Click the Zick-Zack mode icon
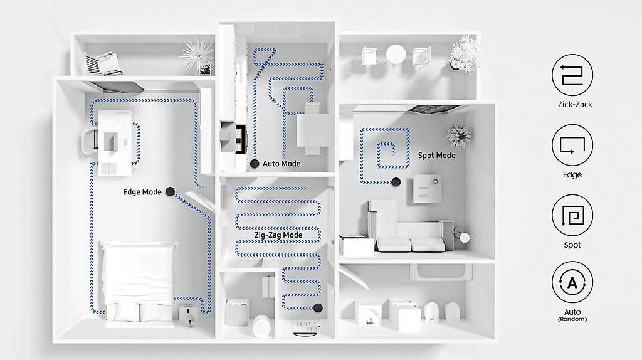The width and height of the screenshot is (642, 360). [x=572, y=75]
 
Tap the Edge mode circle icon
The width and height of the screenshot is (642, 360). [x=572, y=146]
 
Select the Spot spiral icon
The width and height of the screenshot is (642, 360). [x=572, y=215]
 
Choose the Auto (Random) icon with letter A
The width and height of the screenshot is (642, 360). [x=572, y=283]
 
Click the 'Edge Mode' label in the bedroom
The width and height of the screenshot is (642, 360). [x=142, y=192]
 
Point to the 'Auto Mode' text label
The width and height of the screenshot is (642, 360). [x=282, y=164]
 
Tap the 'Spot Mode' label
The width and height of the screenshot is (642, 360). [x=436, y=156]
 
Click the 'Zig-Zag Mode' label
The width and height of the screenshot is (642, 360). [x=278, y=235]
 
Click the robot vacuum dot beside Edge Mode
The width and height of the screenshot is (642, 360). [x=171, y=191]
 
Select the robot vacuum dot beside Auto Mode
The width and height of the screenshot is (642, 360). [x=255, y=164]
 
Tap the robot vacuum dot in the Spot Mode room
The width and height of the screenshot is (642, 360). [x=396, y=182]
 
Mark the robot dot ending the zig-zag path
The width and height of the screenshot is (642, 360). [x=318, y=308]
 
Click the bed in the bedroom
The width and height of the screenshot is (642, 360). [x=139, y=283]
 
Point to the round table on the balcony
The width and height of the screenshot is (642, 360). [x=396, y=55]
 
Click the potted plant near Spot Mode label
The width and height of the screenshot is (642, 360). [x=459, y=135]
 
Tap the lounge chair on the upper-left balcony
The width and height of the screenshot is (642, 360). [x=102, y=63]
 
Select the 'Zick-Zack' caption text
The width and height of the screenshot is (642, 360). [x=575, y=105]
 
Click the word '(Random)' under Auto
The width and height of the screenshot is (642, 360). [x=572, y=319]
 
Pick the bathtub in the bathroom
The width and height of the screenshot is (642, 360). [x=441, y=272]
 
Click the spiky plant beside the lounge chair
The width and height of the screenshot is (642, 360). [x=198, y=56]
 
